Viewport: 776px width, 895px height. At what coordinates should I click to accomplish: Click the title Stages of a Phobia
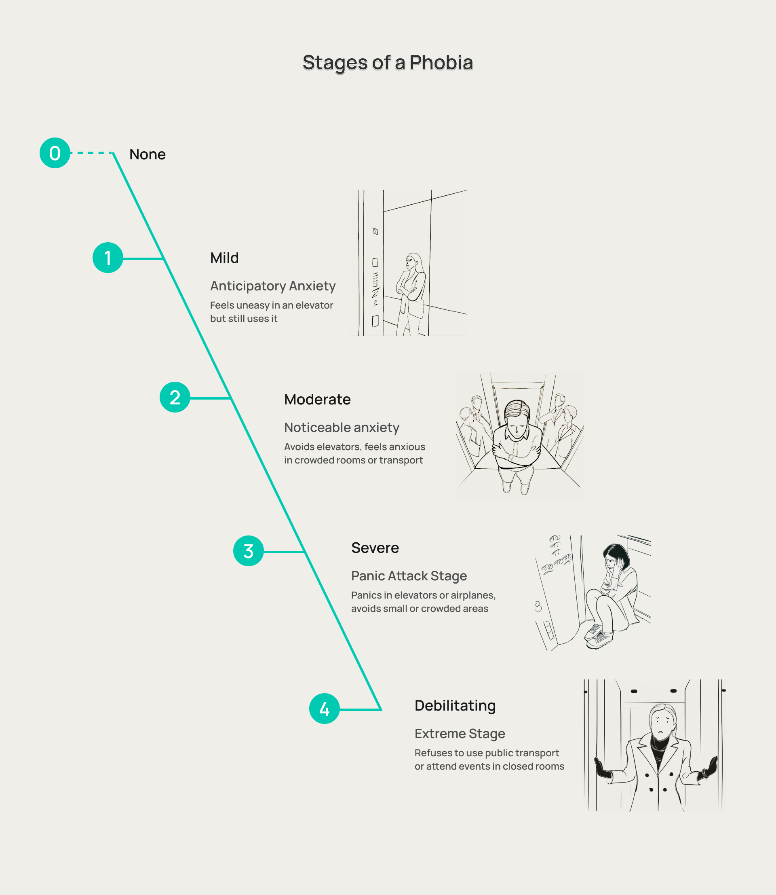pyautogui.click(x=388, y=63)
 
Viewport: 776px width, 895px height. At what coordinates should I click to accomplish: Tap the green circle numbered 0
pyautogui.click(x=55, y=153)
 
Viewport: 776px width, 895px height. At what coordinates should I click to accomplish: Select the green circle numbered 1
pyautogui.click(x=108, y=258)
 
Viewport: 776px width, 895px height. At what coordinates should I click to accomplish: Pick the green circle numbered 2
pyautogui.click(x=175, y=397)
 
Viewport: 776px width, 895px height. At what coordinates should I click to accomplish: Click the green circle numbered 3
pyautogui.click(x=248, y=551)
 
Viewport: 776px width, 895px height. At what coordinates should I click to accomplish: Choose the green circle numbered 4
pyautogui.click(x=324, y=709)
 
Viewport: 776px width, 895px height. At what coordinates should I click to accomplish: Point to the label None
pyautogui.click(x=147, y=154)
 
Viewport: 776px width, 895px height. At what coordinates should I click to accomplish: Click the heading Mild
pyautogui.click(x=224, y=258)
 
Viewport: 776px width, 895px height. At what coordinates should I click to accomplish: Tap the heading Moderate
pyautogui.click(x=317, y=400)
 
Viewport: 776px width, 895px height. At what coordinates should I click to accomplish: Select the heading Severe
pyautogui.click(x=375, y=548)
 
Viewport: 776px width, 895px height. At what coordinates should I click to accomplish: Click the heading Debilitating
pyautogui.click(x=455, y=705)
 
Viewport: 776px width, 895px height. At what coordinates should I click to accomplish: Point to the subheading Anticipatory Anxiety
pyautogui.click(x=273, y=286)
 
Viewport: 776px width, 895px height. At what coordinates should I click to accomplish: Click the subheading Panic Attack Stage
pyautogui.click(x=409, y=576)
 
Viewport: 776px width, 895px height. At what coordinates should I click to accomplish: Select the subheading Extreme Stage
pyautogui.click(x=460, y=733)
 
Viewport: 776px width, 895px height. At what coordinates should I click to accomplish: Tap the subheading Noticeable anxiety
pyautogui.click(x=342, y=427)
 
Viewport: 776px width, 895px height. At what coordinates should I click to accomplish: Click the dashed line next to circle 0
pyautogui.click(x=92, y=153)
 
